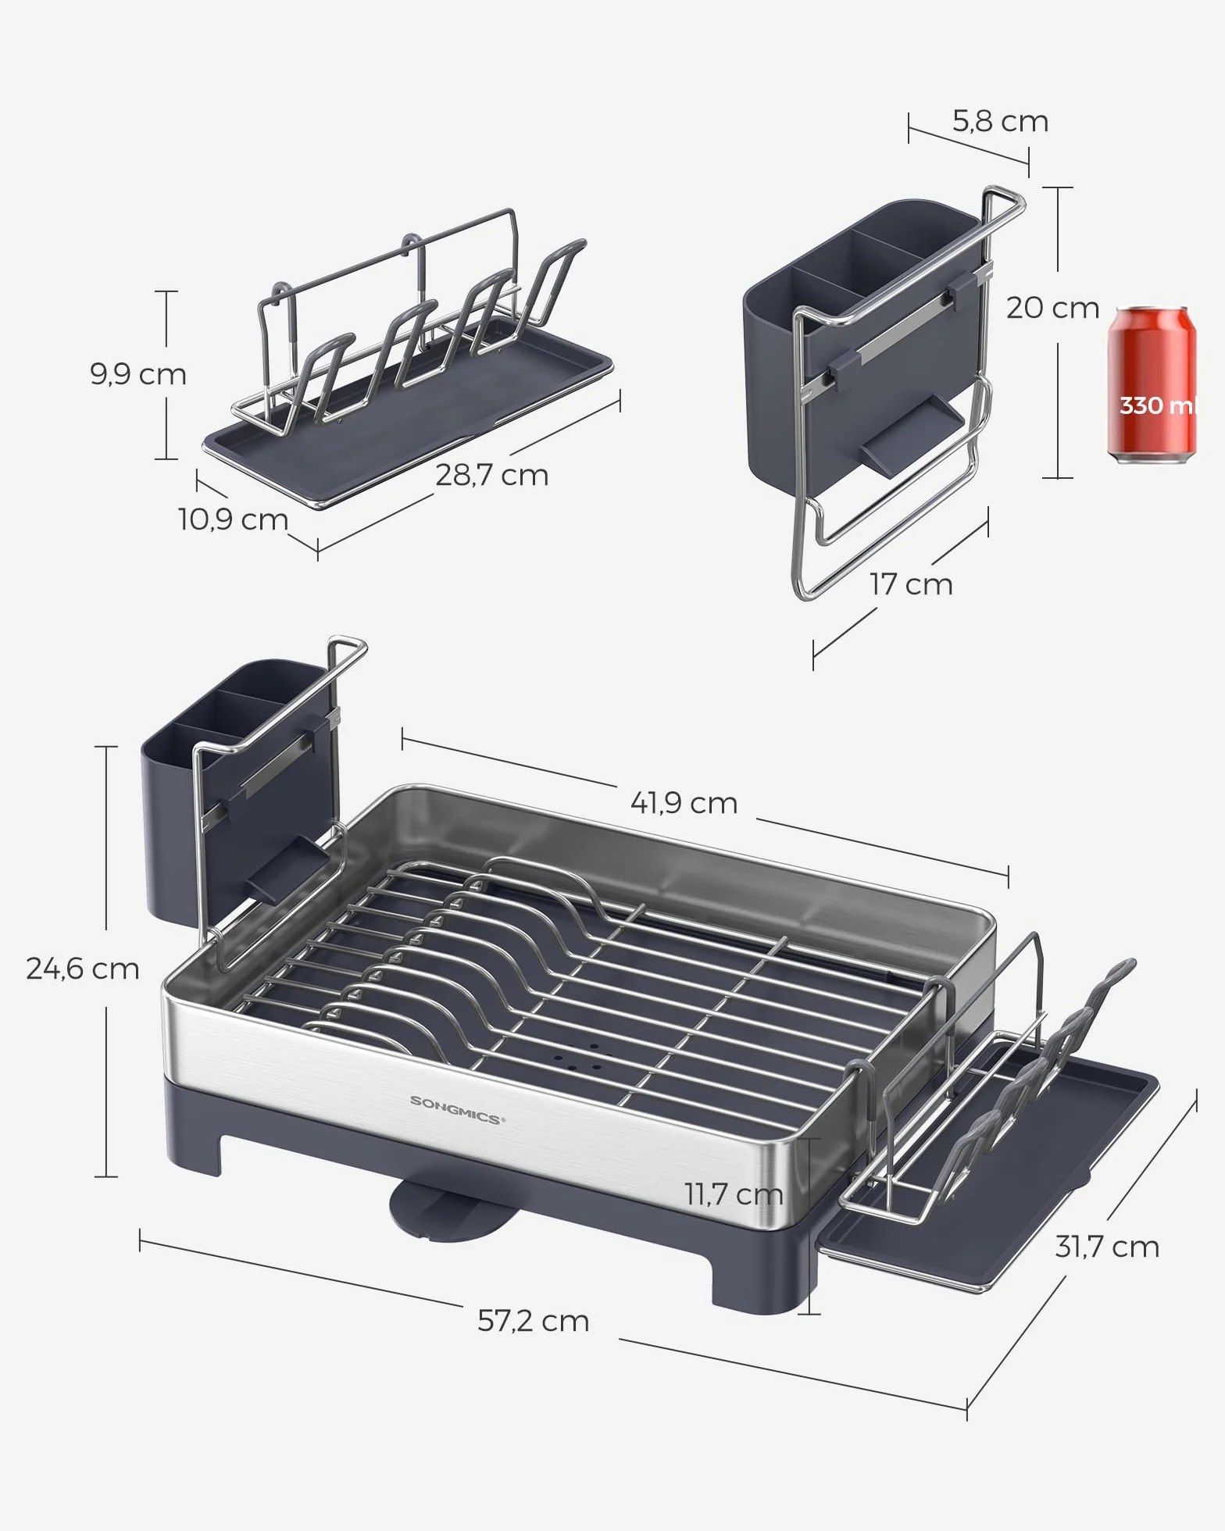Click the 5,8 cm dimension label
[x=1000, y=122]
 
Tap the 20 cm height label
[x=1052, y=308]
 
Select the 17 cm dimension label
[x=912, y=584]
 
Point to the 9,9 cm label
[x=138, y=374]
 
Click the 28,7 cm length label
[x=491, y=475]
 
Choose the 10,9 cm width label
[x=234, y=519]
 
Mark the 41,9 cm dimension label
[x=684, y=803]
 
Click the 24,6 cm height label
[x=83, y=969]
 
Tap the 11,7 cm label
[x=734, y=1194]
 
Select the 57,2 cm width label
[x=534, y=1321]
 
